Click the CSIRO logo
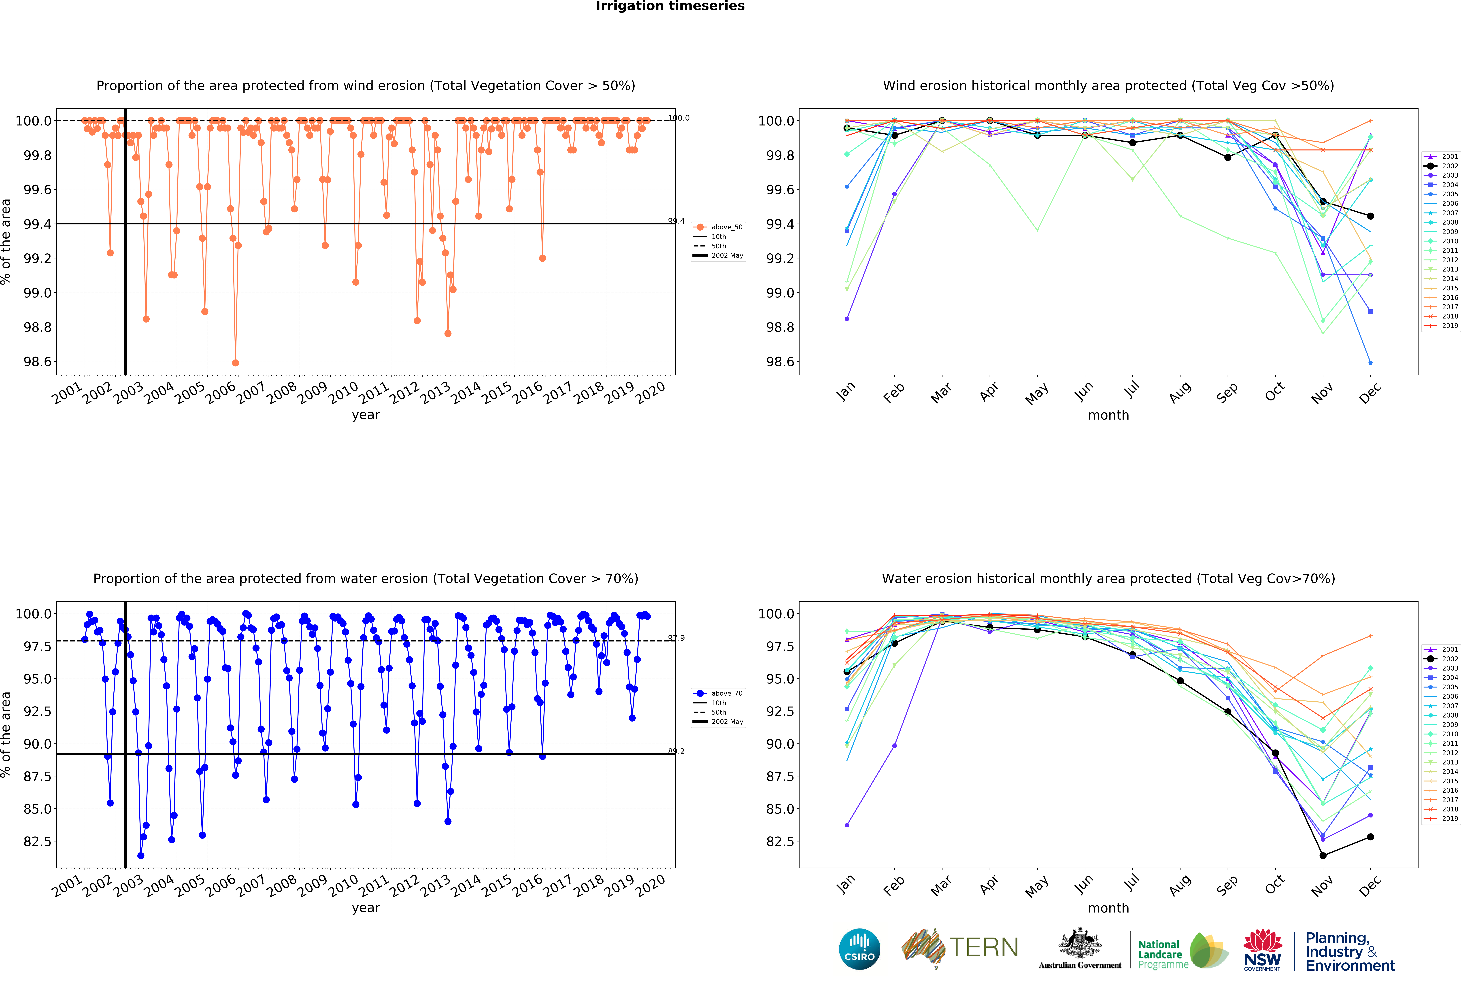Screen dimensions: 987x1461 click(859, 949)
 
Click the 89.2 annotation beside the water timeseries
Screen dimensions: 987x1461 click(676, 751)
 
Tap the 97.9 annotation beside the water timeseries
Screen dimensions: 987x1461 click(676, 638)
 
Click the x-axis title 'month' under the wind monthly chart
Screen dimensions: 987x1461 click(1108, 415)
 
